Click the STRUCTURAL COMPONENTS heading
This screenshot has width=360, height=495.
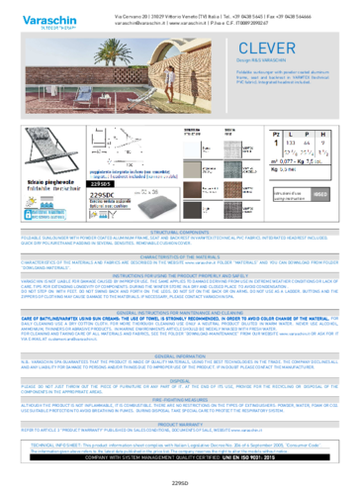click(179, 233)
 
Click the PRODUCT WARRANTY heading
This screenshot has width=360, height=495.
click(179, 425)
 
